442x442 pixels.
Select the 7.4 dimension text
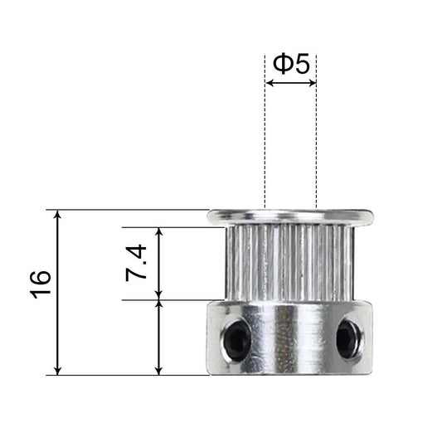(x=138, y=261)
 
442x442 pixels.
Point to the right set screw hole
(x=348, y=338)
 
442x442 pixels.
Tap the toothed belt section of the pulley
(x=289, y=264)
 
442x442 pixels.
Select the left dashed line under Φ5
(x=265, y=141)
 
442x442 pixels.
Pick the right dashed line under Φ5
(x=316, y=141)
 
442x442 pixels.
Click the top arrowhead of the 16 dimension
(x=58, y=216)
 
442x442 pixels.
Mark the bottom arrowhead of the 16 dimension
(x=58, y=369)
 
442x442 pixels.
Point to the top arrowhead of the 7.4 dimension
(x=158, y=232)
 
